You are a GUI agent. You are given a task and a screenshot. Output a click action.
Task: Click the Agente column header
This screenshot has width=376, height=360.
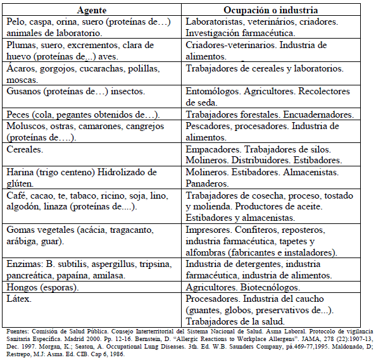(x=92, y=11)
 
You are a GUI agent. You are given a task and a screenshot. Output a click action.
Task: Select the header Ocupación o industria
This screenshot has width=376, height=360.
(x=270, y=11)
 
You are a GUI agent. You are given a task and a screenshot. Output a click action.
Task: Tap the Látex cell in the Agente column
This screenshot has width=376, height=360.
(x=18, y=298)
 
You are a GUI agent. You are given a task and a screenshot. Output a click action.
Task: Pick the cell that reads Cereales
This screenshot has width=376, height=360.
(x=24, y=149)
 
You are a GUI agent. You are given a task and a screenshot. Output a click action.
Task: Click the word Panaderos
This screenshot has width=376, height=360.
(x=207, y=183)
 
